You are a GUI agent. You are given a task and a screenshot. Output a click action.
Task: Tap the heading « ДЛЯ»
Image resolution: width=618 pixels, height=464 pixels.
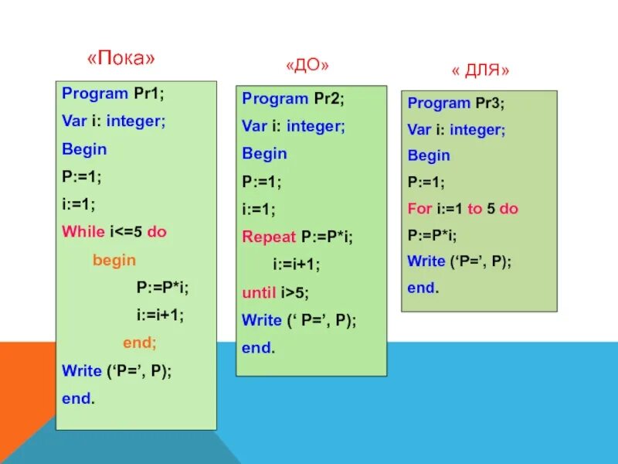click(480, 70)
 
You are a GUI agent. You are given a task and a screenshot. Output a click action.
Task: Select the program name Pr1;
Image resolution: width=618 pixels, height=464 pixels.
click(149, 94)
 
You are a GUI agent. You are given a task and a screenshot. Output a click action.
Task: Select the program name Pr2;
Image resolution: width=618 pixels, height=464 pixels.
click(328, 98)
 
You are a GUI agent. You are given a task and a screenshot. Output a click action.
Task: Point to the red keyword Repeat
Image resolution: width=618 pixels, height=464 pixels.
click(269, 237)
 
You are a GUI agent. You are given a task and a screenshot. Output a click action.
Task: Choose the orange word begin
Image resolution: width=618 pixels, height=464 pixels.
click(114, 260)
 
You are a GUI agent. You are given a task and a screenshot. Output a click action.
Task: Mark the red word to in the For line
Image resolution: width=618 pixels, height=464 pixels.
click(474, 209)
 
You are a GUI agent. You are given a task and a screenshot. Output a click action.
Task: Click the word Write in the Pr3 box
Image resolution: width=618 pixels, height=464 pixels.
click(426, 261)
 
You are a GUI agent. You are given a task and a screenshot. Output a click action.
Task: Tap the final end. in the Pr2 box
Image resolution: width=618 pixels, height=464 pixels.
click(257, 348)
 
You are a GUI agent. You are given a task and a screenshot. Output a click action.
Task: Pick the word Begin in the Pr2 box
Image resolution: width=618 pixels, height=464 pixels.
click(264, 153)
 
